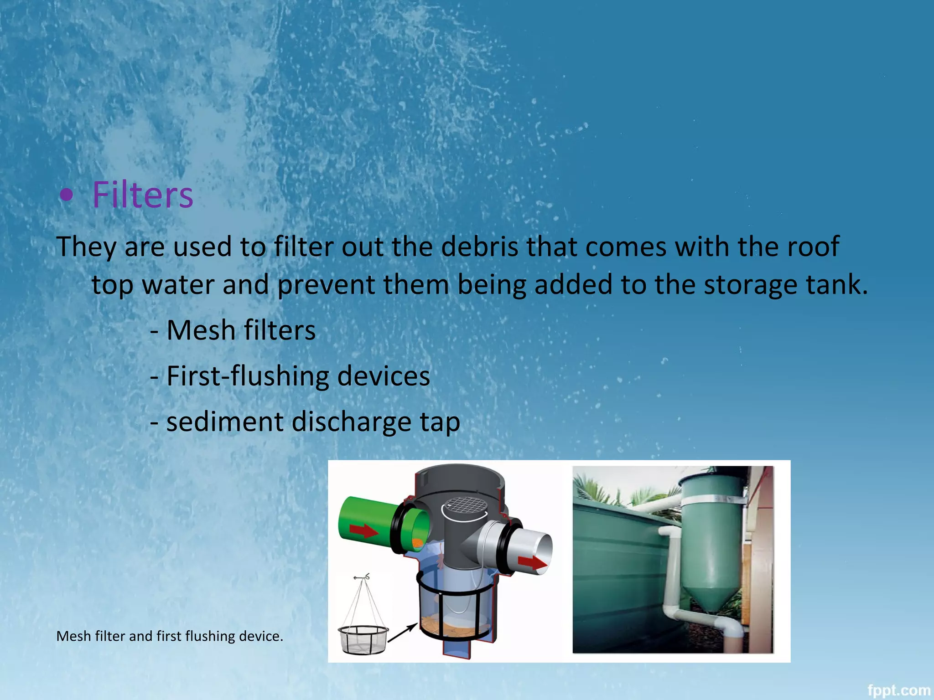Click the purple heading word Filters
[143, 195]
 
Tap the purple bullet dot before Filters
[67, 196]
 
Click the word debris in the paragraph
[480, 247]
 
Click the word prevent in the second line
[326, 285]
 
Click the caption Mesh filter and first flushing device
[170, 636]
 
